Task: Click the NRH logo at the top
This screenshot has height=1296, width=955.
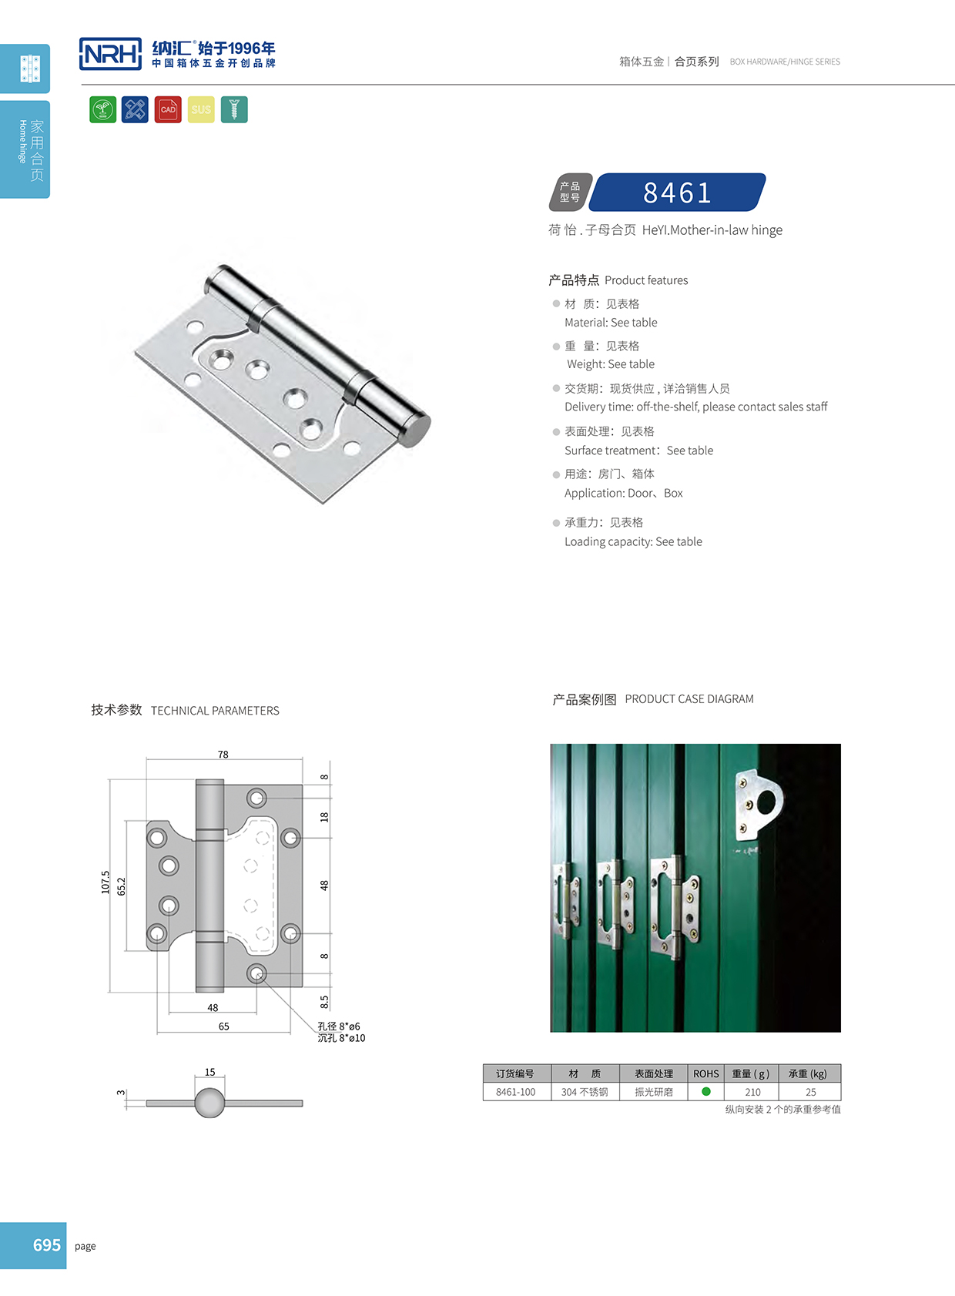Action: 110,54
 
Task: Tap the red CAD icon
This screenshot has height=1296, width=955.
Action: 168,109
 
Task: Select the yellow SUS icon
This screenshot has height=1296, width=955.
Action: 201,109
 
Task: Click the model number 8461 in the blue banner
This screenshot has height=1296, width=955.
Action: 677,193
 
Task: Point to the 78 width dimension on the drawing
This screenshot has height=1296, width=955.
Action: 223,755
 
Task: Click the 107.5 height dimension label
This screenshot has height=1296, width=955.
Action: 106,882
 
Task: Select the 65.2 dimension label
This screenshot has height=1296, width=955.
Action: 122,886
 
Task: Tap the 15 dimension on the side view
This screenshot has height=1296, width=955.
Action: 210,1072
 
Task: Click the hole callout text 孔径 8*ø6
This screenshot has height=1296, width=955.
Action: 339,1026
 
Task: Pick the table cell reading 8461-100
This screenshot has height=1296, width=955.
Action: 516,1092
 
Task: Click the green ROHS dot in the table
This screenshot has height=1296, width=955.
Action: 706,1091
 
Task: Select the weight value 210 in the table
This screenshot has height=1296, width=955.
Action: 752,1092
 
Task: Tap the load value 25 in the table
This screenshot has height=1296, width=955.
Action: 810,1092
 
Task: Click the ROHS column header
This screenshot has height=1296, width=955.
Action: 705,1073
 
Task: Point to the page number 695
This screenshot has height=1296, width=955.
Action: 46,1245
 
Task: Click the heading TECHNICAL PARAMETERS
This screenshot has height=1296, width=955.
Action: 215,711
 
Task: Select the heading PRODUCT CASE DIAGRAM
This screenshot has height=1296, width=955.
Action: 689,699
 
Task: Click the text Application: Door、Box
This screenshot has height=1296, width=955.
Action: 623,493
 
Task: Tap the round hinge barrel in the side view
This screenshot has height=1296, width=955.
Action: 209,1103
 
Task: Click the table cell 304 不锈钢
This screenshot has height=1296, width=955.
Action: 585,1092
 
